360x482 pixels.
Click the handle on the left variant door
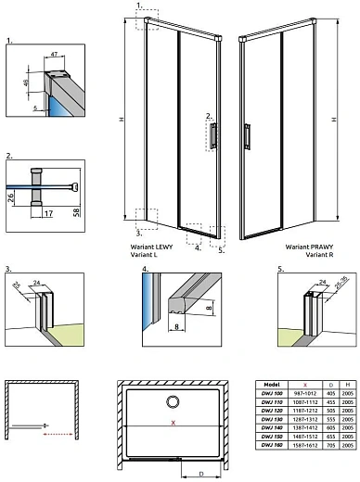(x=214, y=134)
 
